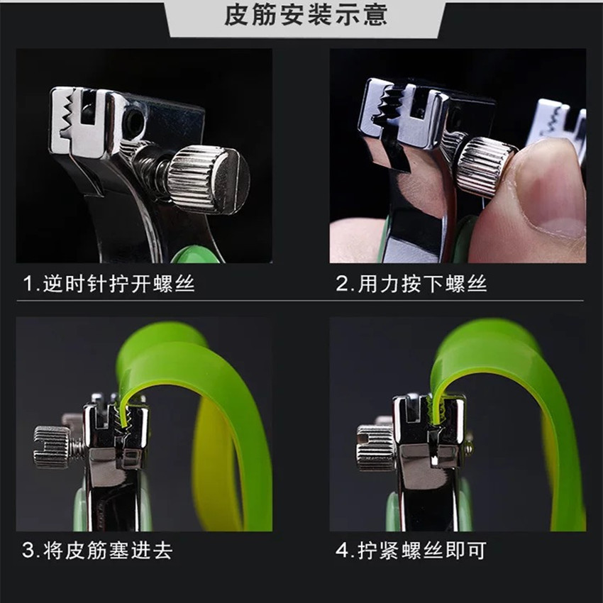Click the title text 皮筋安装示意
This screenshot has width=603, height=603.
tap(306, 16)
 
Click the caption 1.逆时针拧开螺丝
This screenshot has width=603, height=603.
tap(109, 284)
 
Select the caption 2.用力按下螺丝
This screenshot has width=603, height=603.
tap(411, 284)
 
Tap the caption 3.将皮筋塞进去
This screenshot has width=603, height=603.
tap(98, 551)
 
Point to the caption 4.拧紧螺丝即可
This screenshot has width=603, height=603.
tap(411, 551)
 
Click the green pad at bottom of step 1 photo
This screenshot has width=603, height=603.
tap(196, 255)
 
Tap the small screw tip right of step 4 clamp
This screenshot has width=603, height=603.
tap(468, 448)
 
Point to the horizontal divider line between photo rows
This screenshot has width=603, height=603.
tap(300, 300)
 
